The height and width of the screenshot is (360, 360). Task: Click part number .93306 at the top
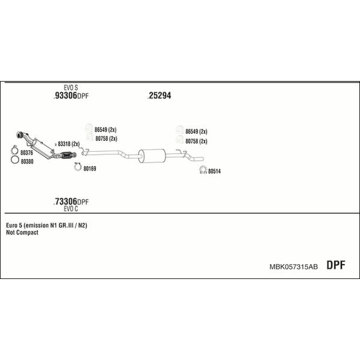(x=65, y=95)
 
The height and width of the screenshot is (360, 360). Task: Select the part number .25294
(x=160, y=95)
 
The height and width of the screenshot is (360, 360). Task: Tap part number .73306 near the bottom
(x=65, y=202)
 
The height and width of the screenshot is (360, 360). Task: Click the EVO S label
(x=71, y=88)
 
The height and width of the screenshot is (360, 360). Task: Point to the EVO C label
(x=71, y=209)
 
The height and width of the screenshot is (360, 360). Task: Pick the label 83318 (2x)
(x=68, y=144)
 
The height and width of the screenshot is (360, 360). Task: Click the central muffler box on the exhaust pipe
(x=152, y=155)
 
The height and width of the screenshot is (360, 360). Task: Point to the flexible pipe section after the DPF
(x=67, y=155)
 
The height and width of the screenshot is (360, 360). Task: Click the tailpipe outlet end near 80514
(x=203, y=158)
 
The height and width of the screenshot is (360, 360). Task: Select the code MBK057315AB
(x=293, y=267)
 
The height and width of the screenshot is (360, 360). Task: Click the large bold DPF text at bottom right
(x=335, y=265)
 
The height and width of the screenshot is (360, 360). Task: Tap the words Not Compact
(x=22, y=232)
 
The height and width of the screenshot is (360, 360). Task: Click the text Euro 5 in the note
(x=14, y=225)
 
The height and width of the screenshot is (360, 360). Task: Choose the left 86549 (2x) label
(x=106, y=130)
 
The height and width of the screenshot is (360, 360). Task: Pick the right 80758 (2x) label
(x=196, y=141)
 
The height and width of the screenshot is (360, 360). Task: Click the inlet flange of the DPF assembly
(x=20, y=135)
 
